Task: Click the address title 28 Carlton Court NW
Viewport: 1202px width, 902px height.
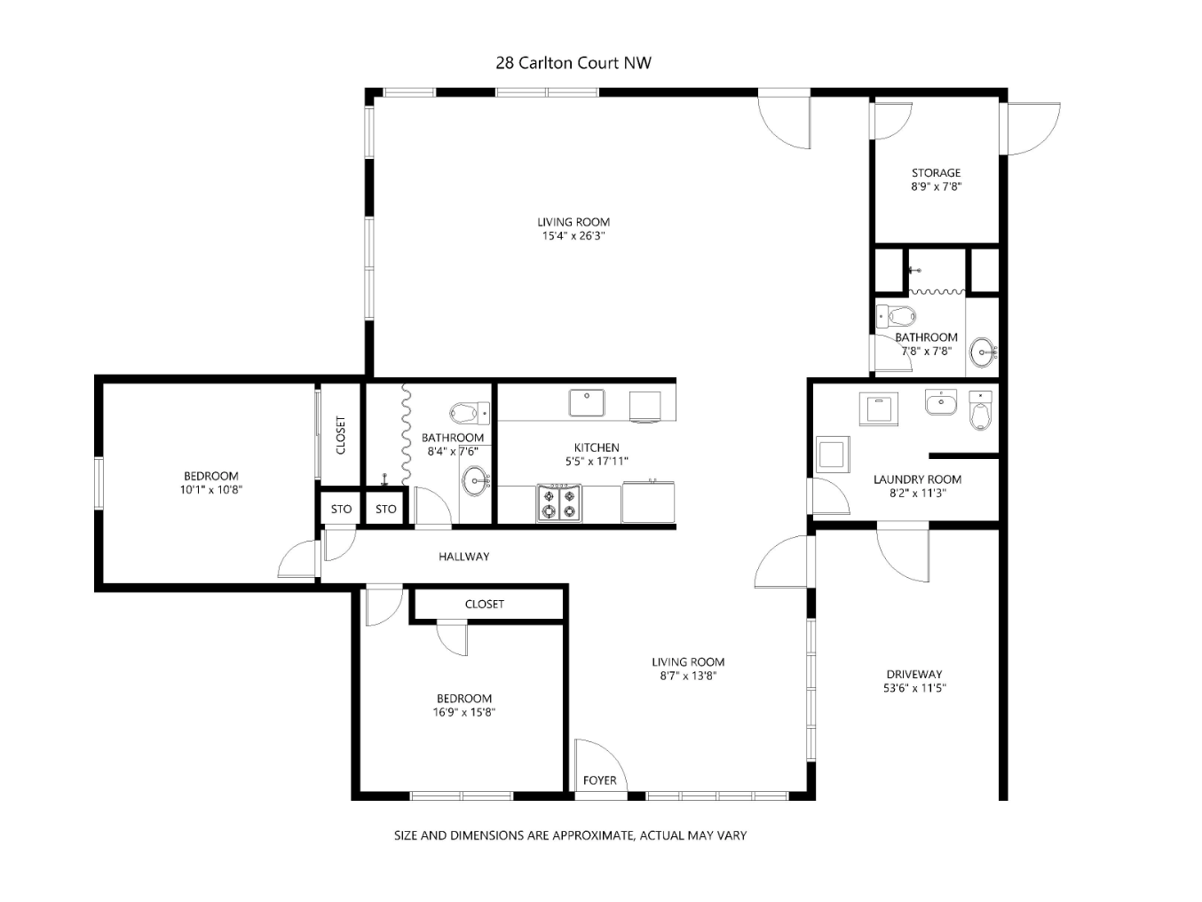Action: click(x=573, y=63)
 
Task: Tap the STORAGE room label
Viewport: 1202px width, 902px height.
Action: click(x=936, y=172)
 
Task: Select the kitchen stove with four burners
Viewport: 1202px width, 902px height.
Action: click(x=559, y=502)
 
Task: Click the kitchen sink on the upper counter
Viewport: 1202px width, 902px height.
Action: click(x=587, y=402)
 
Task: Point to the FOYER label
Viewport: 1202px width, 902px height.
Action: click(x=599, y=780)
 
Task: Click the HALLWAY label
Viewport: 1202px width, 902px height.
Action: click(x=463, y=557)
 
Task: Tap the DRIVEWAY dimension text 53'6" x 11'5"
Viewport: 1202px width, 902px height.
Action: click(x=914, y=688)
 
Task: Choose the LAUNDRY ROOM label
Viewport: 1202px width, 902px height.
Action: click(x=917, y=479)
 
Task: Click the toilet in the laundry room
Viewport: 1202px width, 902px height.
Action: click(x=980, y=410)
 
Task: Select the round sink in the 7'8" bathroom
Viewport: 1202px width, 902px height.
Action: click(x=984, y=352)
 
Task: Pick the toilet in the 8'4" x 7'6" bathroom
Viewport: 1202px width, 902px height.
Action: click(x=470, y=413)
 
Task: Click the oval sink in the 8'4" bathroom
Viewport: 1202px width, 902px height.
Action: click(x=476, y=481)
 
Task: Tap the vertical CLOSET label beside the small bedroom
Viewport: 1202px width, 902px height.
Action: click(x=341, y=435)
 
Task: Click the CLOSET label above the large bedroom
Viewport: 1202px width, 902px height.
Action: click(x=484, y=604)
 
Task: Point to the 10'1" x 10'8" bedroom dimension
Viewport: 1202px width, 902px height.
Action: click(x=211, y=489)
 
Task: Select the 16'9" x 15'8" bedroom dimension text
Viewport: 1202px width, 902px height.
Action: click(x=463, y=712)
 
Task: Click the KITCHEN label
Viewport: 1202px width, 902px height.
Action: click(x=597, y=447)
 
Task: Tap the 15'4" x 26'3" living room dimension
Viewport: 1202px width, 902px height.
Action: click(x=573, y=235)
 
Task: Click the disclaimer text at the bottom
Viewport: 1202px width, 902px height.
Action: click(x=570, y=835)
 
